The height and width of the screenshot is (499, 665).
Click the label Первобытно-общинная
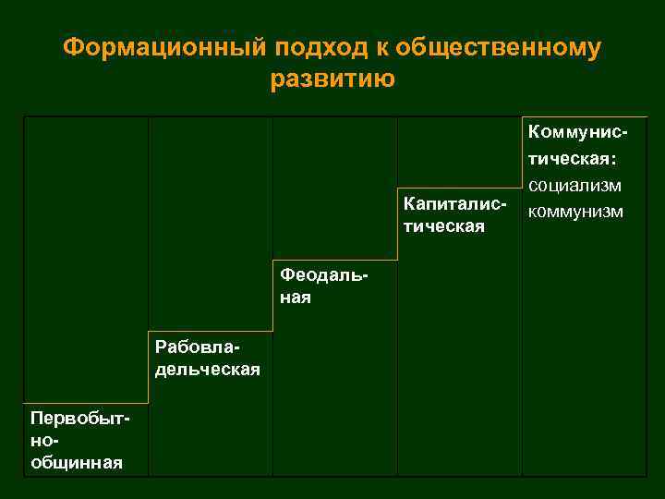click(78, 441)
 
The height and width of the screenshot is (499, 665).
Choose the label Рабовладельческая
click(208, 359)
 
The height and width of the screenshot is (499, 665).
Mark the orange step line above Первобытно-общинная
click(87, 403)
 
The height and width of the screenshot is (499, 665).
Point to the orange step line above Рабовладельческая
click(211, 331)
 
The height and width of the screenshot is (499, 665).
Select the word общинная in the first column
click(77, 462)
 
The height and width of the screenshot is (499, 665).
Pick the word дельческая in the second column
click(208, 370)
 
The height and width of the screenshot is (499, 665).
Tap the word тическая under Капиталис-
click(444, 226)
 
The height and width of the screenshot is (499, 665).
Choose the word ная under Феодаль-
click(296, 298)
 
